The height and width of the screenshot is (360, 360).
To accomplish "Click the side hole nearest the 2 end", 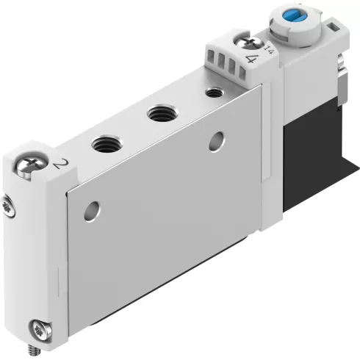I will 90,208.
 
